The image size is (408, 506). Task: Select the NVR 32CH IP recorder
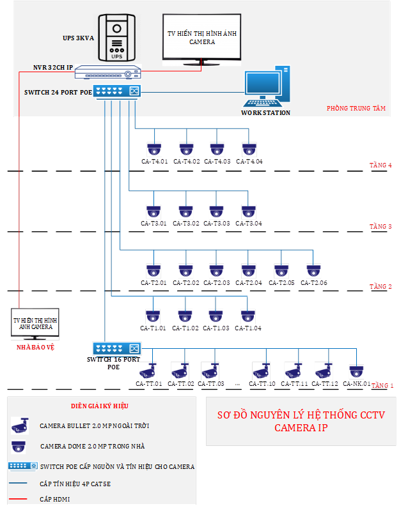point(107,73)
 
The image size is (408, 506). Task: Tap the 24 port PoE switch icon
point(117,91)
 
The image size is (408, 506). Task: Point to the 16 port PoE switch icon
point(116,349)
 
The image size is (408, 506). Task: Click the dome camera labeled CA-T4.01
point(154,149)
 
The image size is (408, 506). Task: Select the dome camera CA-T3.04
point(248,211)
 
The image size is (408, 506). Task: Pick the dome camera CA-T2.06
point(313,272)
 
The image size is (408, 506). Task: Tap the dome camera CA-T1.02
point(185,316)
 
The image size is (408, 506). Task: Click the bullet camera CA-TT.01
point(148,371)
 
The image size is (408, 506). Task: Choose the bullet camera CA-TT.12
point(324,371)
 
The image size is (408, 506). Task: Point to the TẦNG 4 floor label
point(381,165)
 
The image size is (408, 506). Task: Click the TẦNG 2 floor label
point(381,287)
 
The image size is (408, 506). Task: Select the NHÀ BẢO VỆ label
point(35,348)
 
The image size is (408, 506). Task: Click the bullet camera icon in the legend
point(20,425)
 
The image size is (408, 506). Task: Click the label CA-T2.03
point(217,283)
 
